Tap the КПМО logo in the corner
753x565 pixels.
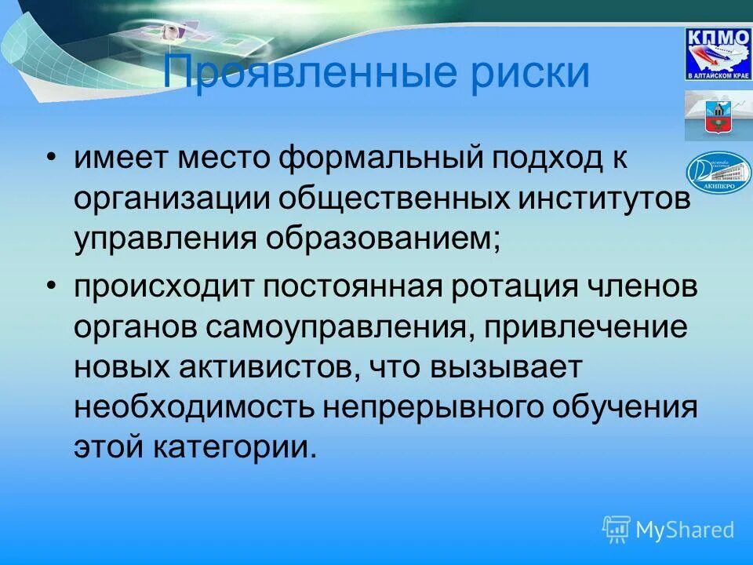[x=718, y=53]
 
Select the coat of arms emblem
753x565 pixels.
[x=718, y=115]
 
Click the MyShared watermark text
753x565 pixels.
[x=685, y=530]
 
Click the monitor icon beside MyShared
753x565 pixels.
[x=617, y=530]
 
